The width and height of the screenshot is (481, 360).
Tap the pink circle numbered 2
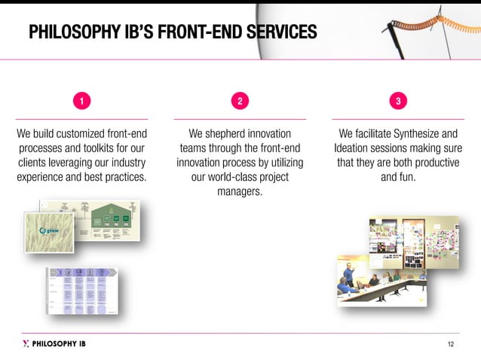click(240, 101)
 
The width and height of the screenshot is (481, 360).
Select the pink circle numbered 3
click(398, 101)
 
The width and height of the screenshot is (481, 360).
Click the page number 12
click(451, 344)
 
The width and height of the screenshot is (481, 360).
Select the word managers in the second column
click(240, 192)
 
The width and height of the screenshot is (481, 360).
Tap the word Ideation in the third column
click(356, 148)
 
